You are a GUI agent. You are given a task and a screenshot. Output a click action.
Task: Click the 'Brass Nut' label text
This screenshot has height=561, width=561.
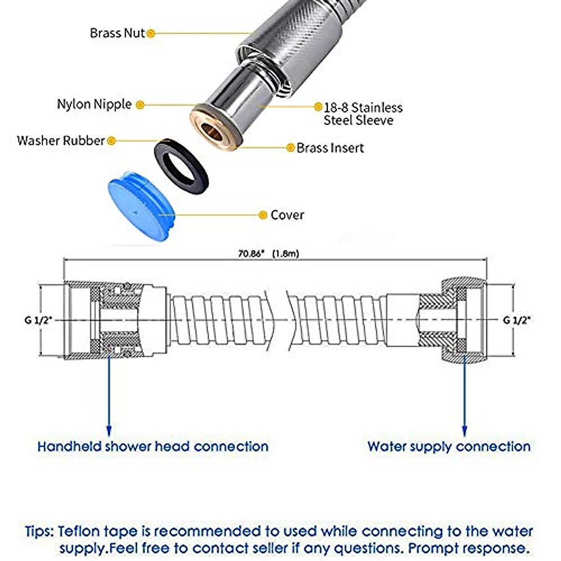117,33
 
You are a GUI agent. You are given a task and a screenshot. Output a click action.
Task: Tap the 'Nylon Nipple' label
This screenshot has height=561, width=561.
94,104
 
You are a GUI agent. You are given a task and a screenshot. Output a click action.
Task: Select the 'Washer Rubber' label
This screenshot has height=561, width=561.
60,140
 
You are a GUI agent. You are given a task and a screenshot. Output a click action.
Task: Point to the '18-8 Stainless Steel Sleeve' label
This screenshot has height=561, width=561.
363,114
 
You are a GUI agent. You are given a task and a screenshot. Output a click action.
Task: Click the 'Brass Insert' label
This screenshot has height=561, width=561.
330,148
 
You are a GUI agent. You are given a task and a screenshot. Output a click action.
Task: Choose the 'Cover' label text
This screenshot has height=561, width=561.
287,215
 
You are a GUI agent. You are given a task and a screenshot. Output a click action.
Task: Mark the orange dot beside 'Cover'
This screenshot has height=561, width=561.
263,215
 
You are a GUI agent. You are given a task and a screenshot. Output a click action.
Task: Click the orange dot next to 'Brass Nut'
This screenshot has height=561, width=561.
151,33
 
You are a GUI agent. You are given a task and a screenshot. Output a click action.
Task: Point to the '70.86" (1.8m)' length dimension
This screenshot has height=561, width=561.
268,253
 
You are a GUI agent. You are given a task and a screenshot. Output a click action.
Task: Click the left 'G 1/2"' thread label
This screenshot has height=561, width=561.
39,320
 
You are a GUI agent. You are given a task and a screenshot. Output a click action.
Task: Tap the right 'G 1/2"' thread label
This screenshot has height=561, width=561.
517,320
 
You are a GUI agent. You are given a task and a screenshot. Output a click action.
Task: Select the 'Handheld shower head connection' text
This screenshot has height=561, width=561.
153,446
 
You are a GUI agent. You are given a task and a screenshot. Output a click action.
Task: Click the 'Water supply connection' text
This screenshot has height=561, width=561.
449,446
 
